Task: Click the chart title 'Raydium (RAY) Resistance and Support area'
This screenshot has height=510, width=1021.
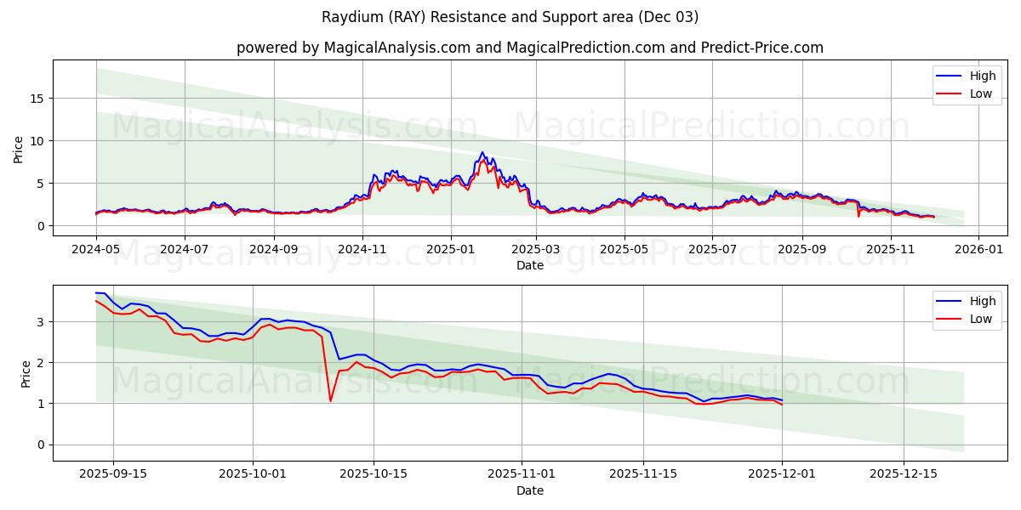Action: tap(510, 17)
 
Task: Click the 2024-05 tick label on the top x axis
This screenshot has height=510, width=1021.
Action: tap(96, 250)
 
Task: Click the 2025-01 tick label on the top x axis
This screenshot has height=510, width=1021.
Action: tap(451, 250)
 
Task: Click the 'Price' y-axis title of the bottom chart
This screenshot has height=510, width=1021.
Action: tap(26, 373)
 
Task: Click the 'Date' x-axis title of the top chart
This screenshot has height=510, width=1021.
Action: tap(529, 265)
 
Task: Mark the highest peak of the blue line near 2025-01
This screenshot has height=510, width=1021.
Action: tap(482, 153)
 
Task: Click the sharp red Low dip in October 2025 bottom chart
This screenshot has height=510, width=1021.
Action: tap(330, 400)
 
